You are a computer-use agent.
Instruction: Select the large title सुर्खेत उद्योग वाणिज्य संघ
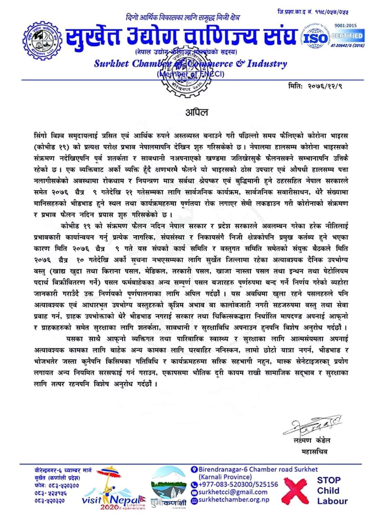click(182, 37)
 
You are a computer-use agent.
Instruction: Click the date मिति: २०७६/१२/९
click(315, 86)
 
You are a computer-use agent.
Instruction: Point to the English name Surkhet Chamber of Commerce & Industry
click(190, 64)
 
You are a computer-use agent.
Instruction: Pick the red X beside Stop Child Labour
click(294, 490)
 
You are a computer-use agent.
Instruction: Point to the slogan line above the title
click(182, 17)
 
